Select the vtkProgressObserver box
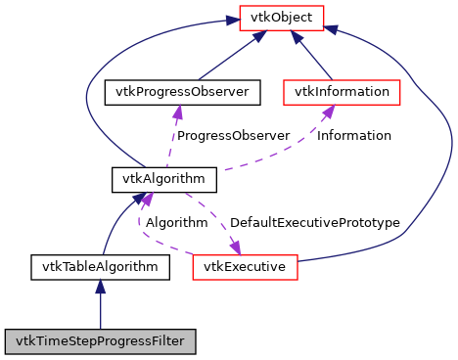click(181, 93)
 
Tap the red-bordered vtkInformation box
click(342, 93)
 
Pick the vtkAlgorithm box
click(150, 181)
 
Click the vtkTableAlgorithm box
click(100, 265)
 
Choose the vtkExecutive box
click(245, 265)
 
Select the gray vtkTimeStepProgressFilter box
click(101, 341)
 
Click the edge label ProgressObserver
click(232, 136)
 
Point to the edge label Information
click(354, 136)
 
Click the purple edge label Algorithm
click(176, 223)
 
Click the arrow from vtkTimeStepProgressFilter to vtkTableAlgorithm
click(100, 308)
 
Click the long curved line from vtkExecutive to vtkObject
click(445, 147)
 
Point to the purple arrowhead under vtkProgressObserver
click(176, 112)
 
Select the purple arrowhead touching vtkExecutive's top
click(234, 247)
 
